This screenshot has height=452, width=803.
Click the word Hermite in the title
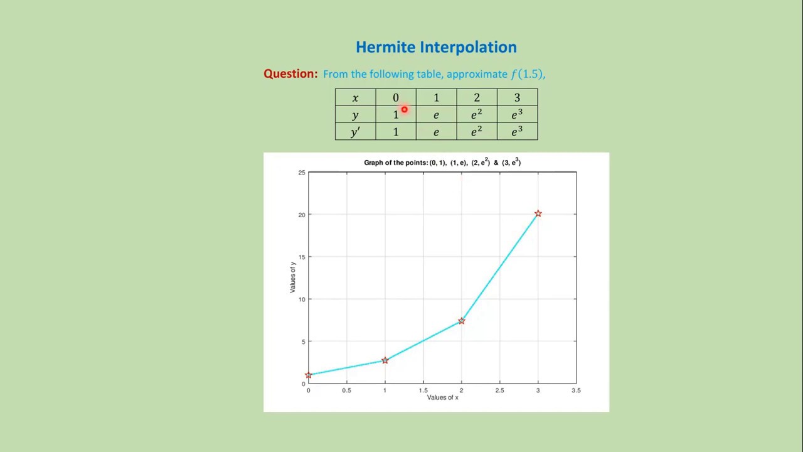tap(385, 47)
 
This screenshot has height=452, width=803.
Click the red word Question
tap(290, 74)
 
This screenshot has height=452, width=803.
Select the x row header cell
tap(355, 97)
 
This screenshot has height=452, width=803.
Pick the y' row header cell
tap(355, 132)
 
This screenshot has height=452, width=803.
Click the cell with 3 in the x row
tap(518, 97)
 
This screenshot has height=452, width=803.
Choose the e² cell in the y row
tap(477, 114)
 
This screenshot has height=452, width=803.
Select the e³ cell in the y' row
tap(518, 132)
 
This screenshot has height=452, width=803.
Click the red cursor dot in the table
tap(405, 109)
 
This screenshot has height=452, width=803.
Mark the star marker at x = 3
tap(538, 213)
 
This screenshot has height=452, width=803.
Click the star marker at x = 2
tap(461, 321)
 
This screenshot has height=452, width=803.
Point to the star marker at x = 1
tap(385, 360)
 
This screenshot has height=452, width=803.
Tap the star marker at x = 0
tap(308, 375)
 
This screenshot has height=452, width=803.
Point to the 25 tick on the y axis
tap(302, 173)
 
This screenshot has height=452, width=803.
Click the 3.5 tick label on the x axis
tap(576, 390)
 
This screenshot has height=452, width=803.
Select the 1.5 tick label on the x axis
tap(423, 390)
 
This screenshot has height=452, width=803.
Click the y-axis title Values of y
tap(292, 277)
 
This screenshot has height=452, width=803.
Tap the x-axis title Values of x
tap(442, 397)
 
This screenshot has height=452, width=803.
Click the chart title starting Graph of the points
tap(442, 162)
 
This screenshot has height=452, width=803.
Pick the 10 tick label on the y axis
tap(302, 299)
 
